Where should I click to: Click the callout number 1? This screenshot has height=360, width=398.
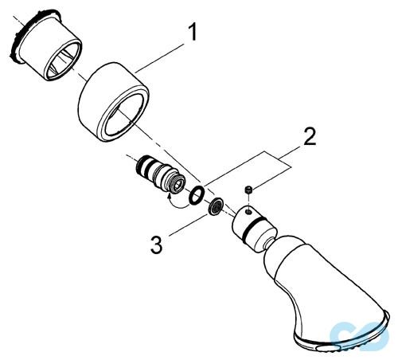pos(192,32)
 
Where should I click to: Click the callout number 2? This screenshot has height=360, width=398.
pos(310,137)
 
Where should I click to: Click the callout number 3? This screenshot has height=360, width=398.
pos(157,245)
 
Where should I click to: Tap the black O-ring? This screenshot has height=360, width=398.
pos(197,196)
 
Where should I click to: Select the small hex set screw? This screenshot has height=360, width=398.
pos(248,190)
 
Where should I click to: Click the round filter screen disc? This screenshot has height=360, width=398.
pos(216,206)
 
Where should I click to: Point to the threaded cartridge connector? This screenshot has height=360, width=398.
pos(158,174)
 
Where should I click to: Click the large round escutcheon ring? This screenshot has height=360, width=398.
pos(114,102)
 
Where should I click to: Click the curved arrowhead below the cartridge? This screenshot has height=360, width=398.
pos(169,197)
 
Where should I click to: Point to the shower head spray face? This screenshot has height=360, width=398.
pos(342,336)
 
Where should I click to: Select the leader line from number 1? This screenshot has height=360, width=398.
pos(160,58)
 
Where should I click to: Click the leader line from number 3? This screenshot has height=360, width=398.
pos(189,224)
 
